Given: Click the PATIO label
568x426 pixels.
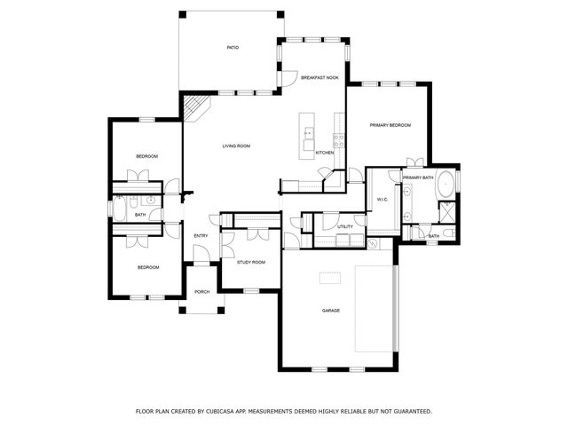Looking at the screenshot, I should tap(233, 48).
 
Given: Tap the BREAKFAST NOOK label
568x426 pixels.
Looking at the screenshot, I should tap(319, 78).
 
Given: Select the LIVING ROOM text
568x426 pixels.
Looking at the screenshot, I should tap(236, 146).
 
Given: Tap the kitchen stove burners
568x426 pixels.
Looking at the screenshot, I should tap(338, 138).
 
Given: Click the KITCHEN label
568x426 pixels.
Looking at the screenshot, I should tap(325, 153).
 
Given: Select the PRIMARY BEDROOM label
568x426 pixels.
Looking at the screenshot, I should tap(390, 125).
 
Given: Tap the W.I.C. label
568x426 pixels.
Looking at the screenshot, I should tap(383, 200).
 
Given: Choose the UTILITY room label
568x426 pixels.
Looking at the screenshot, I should tap(345, 226).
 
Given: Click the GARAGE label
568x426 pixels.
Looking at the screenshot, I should tap(331, 311).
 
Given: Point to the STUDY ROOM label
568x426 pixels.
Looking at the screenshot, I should tap(250, 262).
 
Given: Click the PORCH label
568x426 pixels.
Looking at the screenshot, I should tap(201, 315).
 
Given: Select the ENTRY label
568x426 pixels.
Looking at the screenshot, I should tap(201, 235).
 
